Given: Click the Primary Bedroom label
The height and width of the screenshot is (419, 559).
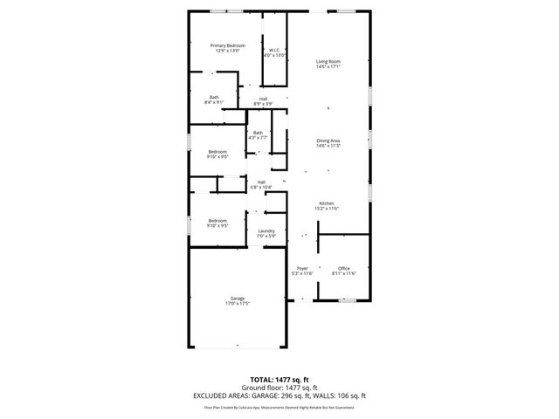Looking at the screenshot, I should point(226,45).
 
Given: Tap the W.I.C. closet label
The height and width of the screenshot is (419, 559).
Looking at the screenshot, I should point(274,51).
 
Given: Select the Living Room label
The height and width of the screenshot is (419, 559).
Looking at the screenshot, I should point(328,60).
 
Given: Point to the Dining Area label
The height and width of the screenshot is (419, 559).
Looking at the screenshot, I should point(328,140).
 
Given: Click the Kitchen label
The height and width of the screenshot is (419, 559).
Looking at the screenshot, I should point(327,203).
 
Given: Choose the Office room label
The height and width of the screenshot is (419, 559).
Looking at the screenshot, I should point(344,268).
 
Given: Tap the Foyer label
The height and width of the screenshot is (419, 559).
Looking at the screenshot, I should point(302,268).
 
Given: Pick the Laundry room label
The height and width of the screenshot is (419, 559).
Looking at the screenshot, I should point(266,230).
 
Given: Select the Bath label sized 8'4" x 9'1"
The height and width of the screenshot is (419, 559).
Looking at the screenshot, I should point(214,97).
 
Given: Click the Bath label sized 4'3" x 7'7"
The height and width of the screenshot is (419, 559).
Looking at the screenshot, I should point(258,133).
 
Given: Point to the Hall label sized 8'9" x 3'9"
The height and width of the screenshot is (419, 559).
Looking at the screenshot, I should point(263,99).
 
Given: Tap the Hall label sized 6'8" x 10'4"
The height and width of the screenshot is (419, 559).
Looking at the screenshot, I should point(261,182).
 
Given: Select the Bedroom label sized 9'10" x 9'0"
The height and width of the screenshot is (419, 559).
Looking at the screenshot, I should point(217,152).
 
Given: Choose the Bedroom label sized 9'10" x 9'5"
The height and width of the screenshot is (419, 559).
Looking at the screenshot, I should point(217,220).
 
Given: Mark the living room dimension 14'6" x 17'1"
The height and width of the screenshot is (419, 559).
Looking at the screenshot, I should point(328,65).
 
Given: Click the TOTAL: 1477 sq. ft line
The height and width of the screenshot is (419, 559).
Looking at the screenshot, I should point(279,380).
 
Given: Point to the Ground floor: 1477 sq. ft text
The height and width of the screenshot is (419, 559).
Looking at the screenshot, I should point(279,388).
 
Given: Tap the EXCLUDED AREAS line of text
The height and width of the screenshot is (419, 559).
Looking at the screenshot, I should point(279,395).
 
